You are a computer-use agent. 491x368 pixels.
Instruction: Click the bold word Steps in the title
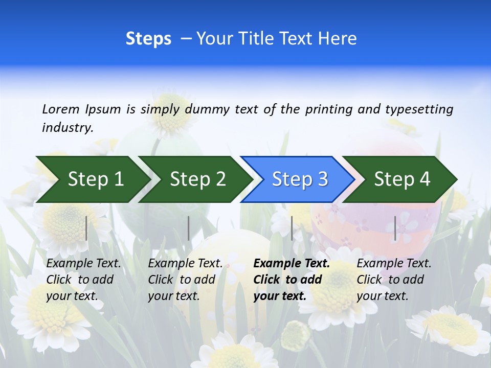[148, 39]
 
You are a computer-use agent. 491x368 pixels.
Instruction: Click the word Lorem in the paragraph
[61, 109]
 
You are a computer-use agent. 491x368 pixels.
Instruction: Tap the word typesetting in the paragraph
[419, 109]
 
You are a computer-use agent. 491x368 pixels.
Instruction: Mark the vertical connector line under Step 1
[86, 228]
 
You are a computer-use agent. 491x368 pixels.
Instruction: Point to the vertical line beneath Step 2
[189, 228]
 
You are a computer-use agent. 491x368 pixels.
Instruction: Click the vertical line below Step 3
[292, 228]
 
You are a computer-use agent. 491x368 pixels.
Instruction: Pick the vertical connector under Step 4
[395, 228]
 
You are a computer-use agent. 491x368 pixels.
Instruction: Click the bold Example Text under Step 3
[292, 264]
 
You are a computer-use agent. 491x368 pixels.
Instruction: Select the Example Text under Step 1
[83, 264]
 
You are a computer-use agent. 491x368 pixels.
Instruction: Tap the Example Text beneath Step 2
[185, 264]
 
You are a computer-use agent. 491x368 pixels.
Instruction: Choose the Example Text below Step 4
[394, 264]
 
